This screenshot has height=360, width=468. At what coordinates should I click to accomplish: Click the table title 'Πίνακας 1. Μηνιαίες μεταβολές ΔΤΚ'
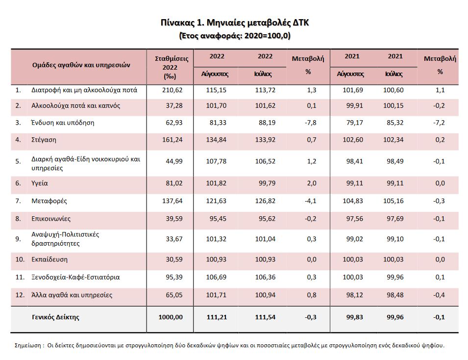click(x=235, y=23)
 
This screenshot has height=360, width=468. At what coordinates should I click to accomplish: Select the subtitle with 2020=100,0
click(x=235, y=36)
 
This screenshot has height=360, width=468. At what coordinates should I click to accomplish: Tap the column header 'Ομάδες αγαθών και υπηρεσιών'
click(x=81, y=65)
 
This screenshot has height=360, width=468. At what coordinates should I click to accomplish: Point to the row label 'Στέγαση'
click(x=44, y=140)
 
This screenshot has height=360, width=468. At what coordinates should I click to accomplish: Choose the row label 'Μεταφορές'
click(x=49, y=201)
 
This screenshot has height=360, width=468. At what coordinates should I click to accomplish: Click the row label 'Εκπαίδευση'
click(x=49, y=259)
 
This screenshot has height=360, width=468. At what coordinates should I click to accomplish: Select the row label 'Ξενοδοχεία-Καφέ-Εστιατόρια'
click(x=75, y=277)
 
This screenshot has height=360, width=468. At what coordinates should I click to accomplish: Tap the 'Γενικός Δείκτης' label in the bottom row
click(x=55, y=317)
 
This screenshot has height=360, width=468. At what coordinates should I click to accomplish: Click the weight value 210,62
click(x=172, y=90)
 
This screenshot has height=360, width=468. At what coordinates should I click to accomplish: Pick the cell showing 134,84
click(x=216, y=139)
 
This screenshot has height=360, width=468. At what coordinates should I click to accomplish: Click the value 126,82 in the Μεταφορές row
click(x=265, y=201)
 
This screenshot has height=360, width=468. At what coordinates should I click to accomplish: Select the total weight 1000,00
click(x=171, y=317)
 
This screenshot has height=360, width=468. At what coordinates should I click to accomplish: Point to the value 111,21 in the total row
click(x=217, y=317)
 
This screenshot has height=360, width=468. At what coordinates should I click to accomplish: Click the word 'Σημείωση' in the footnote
click(x=28, y=345)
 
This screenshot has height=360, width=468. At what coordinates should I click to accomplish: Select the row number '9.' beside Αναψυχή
click(x=18, y=239)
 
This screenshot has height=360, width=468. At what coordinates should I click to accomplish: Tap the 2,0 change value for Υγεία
click(x=312, y=183)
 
